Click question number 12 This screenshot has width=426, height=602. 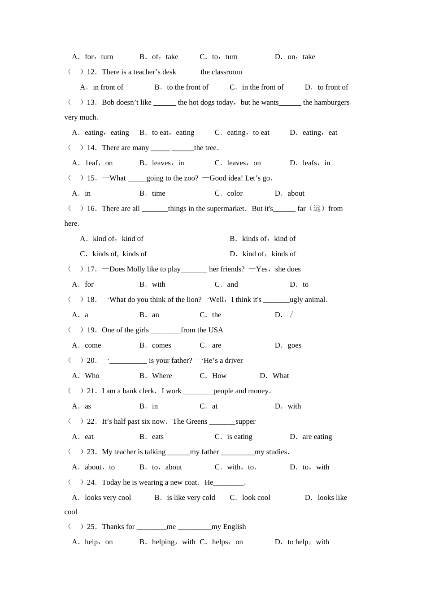click(x=91, y=72)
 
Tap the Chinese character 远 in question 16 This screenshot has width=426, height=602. click(x=317, y=208)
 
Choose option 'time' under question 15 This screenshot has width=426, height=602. click(x=158, y=193)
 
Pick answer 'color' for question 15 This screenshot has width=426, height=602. click(x=235, y=193)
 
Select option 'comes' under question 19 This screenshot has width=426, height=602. click(x=161, y=345)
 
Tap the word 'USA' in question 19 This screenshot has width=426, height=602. click(x=216, y=330)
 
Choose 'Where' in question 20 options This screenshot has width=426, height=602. click(x=162, y=376)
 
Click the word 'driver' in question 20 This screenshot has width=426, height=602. click(x=233, y=361)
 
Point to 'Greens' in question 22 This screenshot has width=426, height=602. click(x=197, y=421)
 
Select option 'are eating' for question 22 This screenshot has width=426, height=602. click(x=317, y=437)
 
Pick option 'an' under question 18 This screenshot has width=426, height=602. click(x=155, y=315)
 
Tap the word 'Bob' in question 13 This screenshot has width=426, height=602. click(x=108, y=103)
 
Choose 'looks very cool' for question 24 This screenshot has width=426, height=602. click(x=108, y=498)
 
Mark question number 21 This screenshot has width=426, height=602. click(x=91, y=391)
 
